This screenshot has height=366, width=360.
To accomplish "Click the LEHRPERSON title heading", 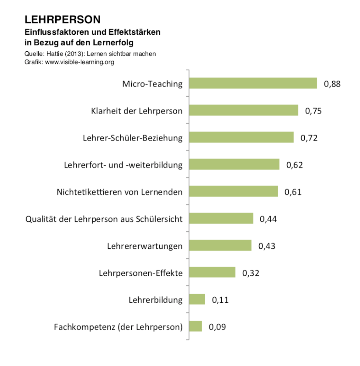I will (62, 19).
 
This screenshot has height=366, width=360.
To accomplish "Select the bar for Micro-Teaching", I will (253, 83).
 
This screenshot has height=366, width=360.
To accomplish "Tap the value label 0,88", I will (332, 84).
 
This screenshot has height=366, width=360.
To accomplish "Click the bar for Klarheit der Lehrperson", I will (243, 110).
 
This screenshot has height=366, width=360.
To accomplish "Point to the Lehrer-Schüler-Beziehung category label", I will (133, 138).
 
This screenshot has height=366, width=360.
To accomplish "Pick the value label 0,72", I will (309, 138).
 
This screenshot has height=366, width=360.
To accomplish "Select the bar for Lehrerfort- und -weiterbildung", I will (234, 164).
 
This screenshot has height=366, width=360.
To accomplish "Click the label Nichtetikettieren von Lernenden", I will (119, 192).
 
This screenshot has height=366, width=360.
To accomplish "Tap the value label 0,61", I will (293, 192).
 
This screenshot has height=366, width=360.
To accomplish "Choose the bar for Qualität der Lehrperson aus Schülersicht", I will (221, 219).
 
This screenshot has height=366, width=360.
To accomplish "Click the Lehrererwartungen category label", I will (145, 246).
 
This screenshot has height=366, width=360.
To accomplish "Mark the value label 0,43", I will (267, 246).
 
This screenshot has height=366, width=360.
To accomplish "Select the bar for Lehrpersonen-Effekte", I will (212, 272).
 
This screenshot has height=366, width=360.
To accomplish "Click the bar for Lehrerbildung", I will (197, 299).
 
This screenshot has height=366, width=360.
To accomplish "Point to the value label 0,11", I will (220, 300).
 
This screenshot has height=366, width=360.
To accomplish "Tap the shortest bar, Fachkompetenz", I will (195, 326).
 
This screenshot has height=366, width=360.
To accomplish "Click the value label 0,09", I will (217, 327).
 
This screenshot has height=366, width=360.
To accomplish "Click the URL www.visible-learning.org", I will (80, 62).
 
